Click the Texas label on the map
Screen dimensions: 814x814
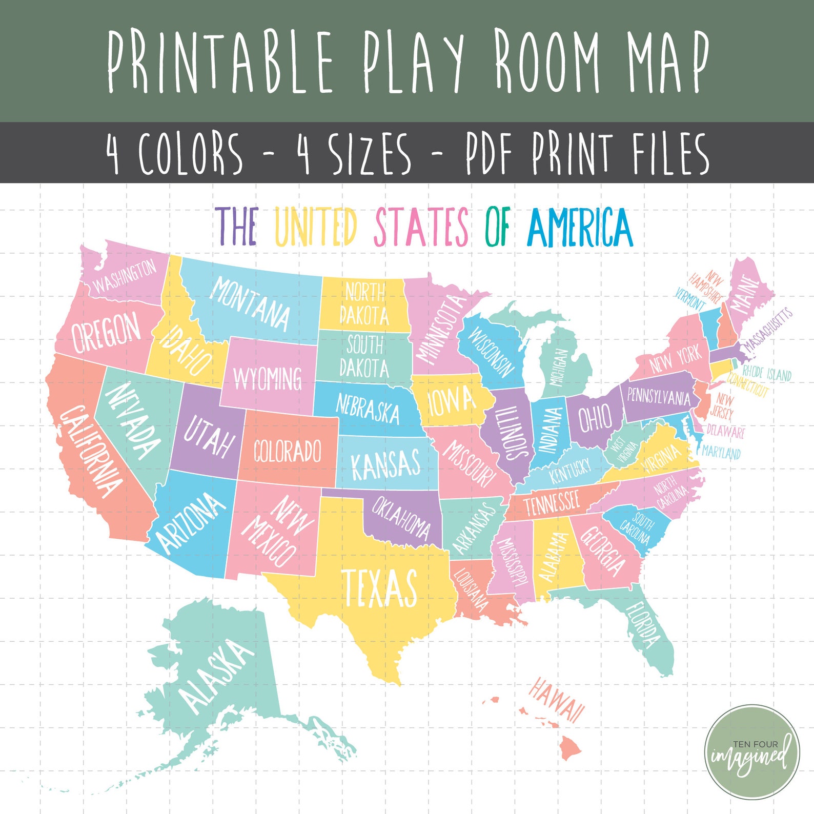[x=379, y=587]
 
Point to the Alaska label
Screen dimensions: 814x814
[x=215, y=676]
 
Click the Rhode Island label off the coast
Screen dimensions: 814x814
[x=767, y=373]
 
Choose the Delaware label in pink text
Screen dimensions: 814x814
[x=725, y=431]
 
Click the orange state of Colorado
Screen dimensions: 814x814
[x=288, y=451]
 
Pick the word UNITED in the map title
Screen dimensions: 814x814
[x=315, y=227]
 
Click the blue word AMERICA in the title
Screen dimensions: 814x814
[x=580, y=227]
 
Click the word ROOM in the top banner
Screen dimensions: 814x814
[x=547, y=62]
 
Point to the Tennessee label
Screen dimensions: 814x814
[x=552, y=502]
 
